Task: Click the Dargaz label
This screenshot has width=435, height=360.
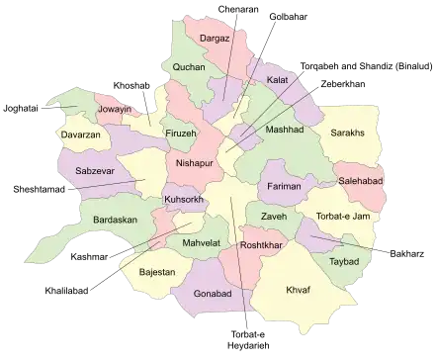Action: (215, 39)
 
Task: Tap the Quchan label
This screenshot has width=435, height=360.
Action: (189, 67)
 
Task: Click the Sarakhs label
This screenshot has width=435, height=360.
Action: (348, 132)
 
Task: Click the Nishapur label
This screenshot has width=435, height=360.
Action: (195, 161)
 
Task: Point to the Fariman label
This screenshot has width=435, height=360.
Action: (285, 185)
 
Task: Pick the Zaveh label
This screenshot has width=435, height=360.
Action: (275, 217)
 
